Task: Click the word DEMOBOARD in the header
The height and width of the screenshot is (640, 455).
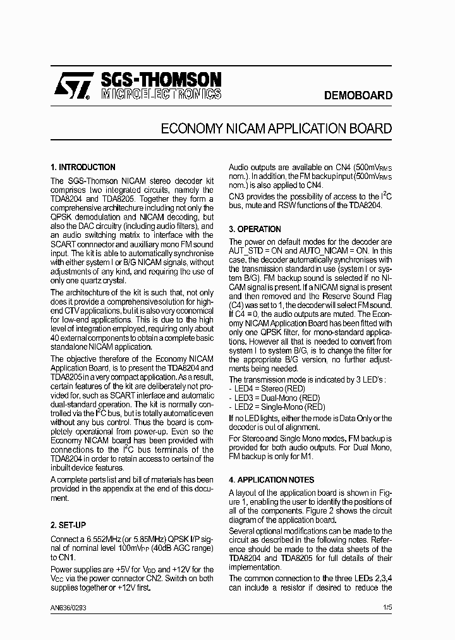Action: pyautogui.click(x=358, y=95)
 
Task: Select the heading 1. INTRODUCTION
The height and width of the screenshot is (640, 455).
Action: pyautogui.click(x=82, y=168)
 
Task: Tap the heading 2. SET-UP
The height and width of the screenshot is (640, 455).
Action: pyautogui.click(x=68, y=525)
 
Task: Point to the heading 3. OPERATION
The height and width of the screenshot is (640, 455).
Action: pyautogui.click(x=255, y=229)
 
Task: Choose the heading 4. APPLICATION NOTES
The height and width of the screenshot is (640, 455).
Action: pyautogui.click(x=271, y=480)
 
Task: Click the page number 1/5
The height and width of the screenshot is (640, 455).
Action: pyautogui.click(x=387, y=608)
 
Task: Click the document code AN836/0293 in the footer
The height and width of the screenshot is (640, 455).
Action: pyautogui.click(x=68, y=608)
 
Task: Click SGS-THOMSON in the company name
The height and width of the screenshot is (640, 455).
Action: pyautogui.click(x=161, y=80)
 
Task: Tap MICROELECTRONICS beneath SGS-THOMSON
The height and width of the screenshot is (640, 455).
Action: pyautogui.click(x=161, y=94)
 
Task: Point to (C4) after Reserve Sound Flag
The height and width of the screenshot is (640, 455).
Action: pyautogui.click(x=237, y=305)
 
